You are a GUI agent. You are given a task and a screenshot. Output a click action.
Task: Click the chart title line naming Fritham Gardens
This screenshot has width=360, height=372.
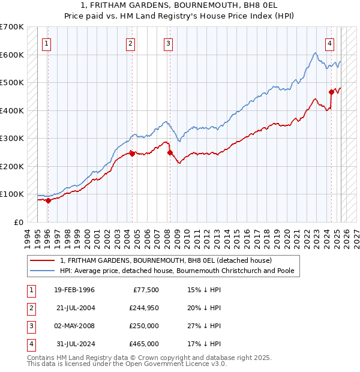[180, 5]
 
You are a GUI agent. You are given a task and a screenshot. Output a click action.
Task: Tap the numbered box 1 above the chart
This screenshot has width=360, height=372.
[46, 43]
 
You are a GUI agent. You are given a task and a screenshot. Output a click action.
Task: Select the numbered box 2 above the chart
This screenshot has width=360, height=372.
[131, 43]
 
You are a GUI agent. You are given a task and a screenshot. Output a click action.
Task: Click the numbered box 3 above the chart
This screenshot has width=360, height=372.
[169, 43]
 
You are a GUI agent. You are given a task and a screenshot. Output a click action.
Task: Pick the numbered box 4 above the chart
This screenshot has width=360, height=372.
[330, 43]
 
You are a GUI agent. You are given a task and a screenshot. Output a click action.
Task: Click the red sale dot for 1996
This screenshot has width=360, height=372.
[48, 200]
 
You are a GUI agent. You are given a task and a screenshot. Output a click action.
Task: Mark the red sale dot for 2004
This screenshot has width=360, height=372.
[132, 154]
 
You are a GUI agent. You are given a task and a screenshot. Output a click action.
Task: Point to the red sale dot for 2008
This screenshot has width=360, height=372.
[170, 152]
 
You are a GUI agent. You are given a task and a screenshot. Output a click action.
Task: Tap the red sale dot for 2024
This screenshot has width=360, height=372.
[331, 92]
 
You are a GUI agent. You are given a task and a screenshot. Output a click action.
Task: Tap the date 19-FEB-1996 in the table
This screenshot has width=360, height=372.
[74, 290]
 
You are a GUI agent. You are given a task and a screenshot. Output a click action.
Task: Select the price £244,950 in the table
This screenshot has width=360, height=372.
[144, 308]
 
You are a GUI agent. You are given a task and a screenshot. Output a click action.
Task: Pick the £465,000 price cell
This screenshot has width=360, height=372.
[144, 344]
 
